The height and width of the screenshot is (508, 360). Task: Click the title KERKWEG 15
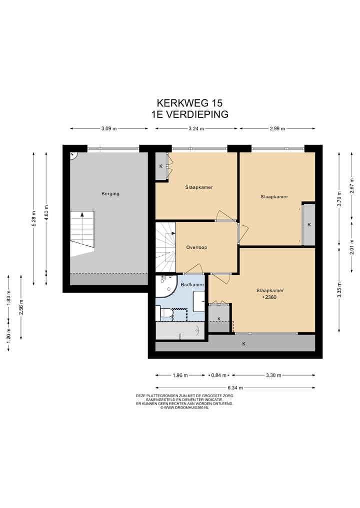tap(189, 103)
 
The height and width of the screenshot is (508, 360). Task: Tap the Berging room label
tap(110, 194)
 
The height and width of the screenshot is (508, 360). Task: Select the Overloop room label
tap(196, 248)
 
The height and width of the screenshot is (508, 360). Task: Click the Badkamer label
tap(192, 285)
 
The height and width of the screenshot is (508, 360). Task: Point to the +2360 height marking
tap(269, 297)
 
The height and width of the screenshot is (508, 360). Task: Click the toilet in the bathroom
tap(165, 314)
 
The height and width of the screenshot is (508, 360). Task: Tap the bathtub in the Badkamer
tap(180, 331)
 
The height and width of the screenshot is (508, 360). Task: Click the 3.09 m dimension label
tap(109, 128)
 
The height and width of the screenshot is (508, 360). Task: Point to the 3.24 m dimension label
tap(196, 128)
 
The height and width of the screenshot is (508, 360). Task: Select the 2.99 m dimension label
tap(277, 128)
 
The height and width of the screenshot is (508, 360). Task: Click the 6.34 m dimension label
tap(235, 388)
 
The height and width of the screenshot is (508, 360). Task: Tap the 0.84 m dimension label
tap(218, 375)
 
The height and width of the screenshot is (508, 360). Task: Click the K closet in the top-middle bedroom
tap(161, 166)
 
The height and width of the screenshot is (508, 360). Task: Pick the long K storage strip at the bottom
tap(235, 344)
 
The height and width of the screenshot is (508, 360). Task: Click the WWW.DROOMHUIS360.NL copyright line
tap(184, 408)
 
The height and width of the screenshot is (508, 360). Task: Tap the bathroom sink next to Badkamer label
tap(199, 301)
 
